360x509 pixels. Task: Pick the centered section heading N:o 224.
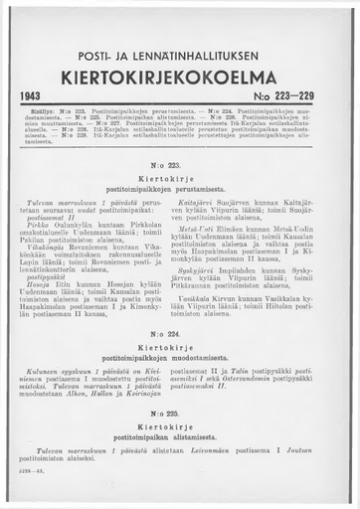tap(180, 332)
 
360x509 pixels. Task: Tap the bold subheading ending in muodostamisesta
tap(180, 356)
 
